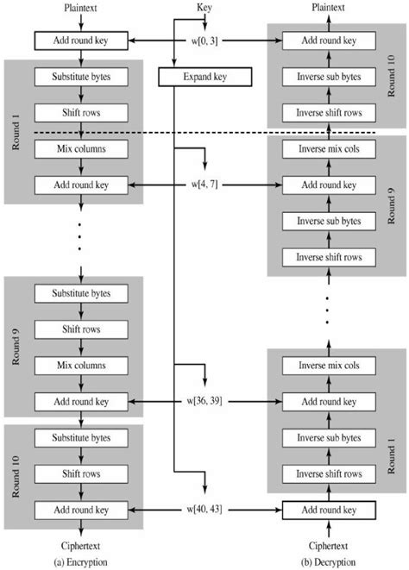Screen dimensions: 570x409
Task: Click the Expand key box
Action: click(204, 78)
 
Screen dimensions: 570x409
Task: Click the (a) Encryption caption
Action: click(80, 562)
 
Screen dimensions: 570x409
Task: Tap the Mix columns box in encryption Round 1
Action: click(79, 147)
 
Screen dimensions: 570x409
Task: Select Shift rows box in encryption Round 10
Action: click(79, 473)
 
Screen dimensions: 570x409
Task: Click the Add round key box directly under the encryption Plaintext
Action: click(79, 41)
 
